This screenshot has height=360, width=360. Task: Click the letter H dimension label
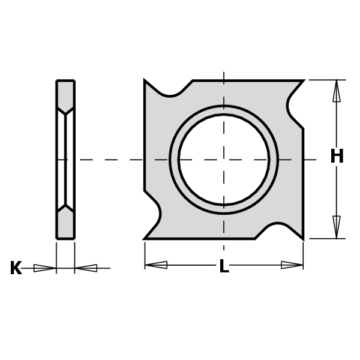[x=337, y=157]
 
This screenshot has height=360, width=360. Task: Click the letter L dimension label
[x=224, y=266]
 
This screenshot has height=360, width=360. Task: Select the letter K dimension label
[x=16, y=268]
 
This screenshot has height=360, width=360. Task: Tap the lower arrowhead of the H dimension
[x=337, y=227]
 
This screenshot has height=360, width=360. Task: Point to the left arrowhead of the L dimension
[x=156, y=265]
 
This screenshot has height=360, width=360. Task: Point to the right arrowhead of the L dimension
[x=292, y=265]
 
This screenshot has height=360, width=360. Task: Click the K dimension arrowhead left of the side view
[x=44, y=268]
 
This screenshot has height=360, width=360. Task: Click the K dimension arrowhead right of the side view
[x=86, y=268]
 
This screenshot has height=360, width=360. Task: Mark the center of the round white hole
[x=224, y=160]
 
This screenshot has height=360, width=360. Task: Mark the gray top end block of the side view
[x=65, y=93]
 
